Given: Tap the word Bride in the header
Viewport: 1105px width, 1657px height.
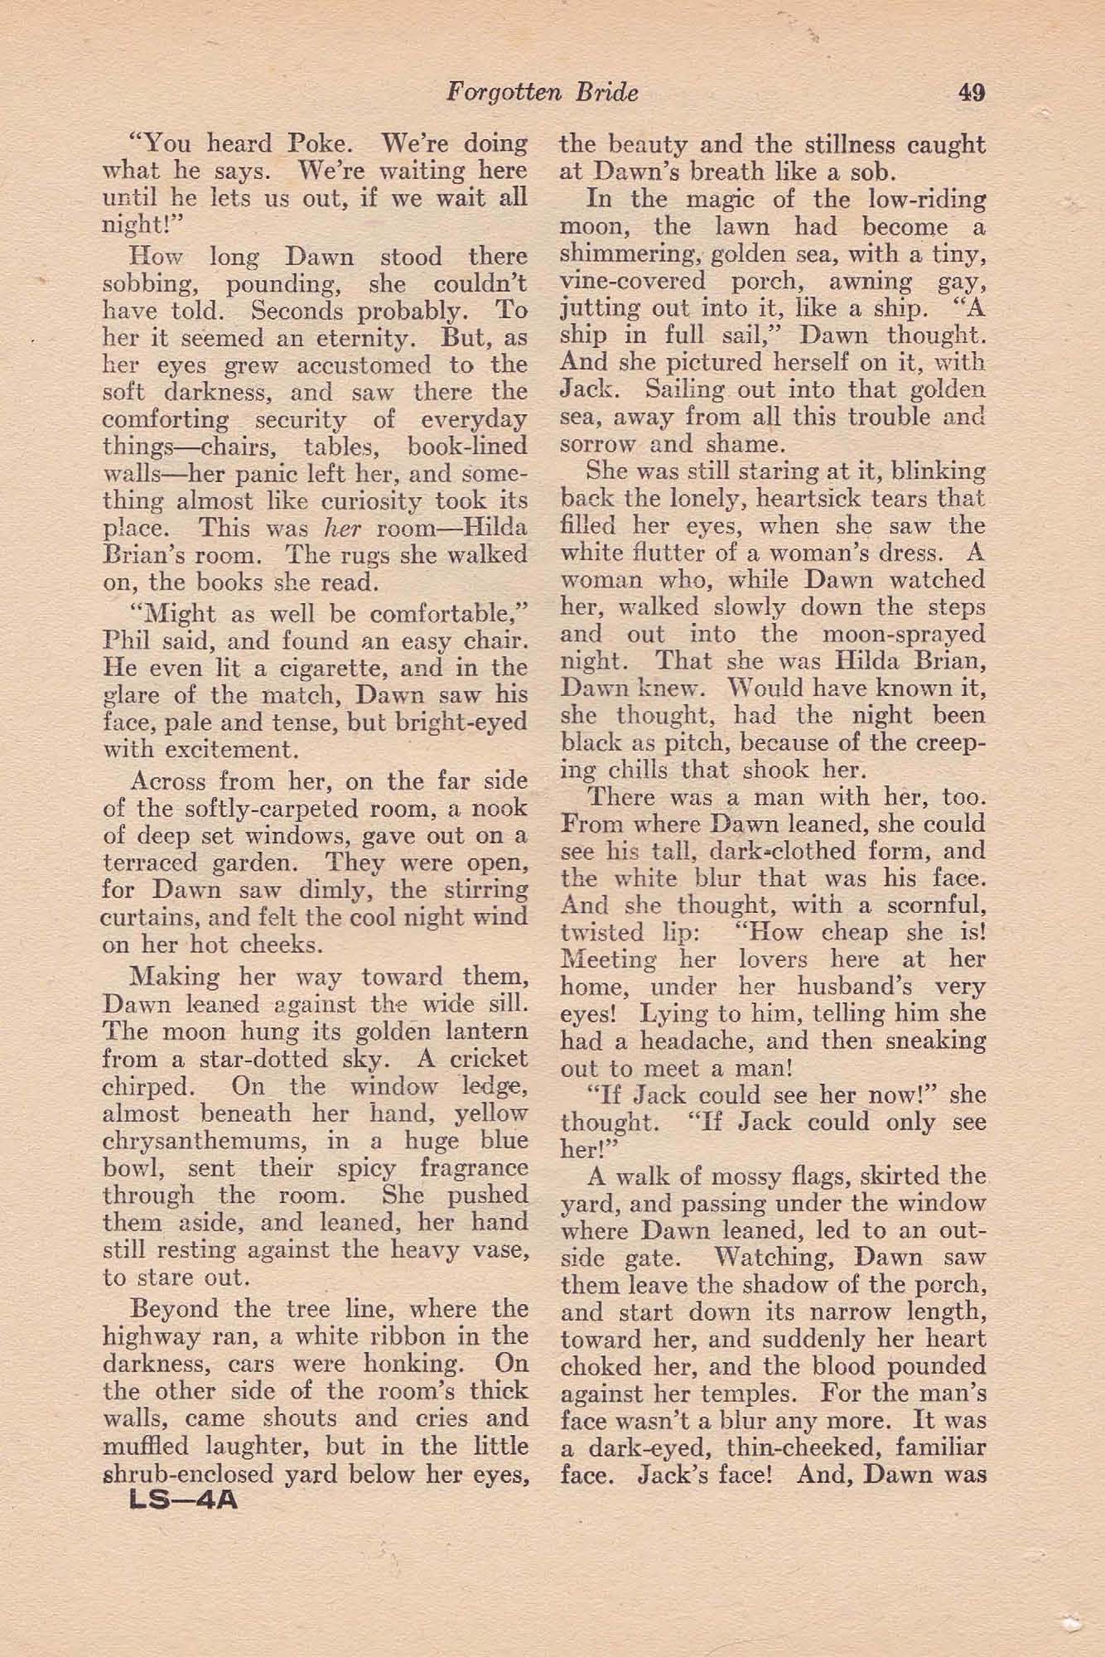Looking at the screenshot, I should pyautogui.click(x=606, y=93).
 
